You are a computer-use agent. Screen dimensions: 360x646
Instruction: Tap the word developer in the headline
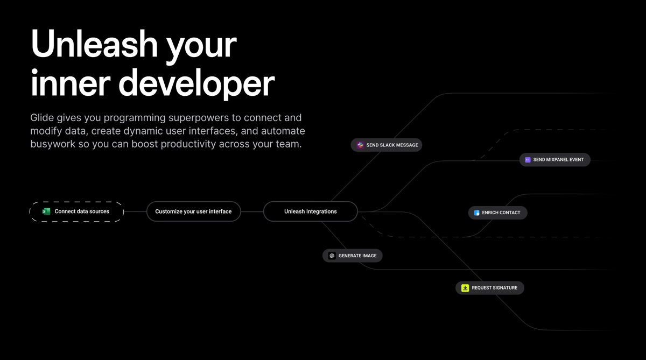coord(196,83)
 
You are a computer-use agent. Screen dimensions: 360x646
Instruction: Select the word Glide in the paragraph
coord(43,117)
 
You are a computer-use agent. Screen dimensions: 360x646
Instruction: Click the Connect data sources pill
coord(76,211)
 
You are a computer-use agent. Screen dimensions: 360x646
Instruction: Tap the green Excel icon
coord(46,211)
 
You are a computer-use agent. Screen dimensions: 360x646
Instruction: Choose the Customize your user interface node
coord(193,211)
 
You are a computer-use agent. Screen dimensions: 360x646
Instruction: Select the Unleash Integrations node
coord(310,211)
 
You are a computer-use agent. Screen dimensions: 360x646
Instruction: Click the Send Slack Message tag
coord(387,145)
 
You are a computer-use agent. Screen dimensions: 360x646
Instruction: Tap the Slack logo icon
coord(360,145)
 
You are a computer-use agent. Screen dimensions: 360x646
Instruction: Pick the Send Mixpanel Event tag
coord(554,160)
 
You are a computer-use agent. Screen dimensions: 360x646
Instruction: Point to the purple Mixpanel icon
coord(528,160)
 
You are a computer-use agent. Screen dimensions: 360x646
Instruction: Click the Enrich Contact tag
coord(497,213)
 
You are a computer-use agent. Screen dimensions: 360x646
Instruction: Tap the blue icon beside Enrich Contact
coord(476,213)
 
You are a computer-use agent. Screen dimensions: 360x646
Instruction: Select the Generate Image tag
coord(353,256)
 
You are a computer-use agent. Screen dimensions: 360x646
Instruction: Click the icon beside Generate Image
coord(332,256)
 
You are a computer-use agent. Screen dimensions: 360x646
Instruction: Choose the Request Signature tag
coord(490,288)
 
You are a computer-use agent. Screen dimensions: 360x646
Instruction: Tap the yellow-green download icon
coord(465,288)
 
